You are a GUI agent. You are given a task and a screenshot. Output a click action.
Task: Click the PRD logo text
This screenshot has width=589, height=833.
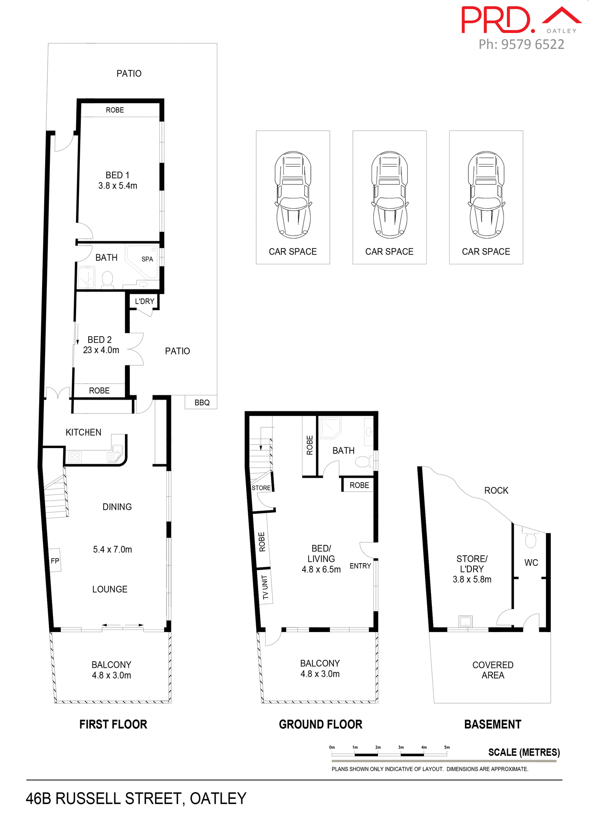pyautogui.click(x=497, y=20)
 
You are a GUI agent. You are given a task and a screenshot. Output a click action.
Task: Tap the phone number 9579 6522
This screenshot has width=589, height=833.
pyautogui.click(x=533, y=44)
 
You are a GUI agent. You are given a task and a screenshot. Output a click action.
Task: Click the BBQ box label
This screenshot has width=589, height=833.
pyautogui.click(x=202, y=403)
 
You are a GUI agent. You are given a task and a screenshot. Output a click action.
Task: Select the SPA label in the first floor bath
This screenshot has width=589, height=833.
pyautogui.click(x=147, y=259)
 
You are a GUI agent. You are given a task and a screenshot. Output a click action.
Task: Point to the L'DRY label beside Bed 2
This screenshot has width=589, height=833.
pyautogui.click(x=145, y=301)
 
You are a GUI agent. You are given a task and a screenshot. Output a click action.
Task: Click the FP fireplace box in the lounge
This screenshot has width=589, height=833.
pyautogui.click(x=55, y=561)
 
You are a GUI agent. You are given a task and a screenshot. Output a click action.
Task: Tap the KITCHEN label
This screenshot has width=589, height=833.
pyautogui.click(x=83, y=432)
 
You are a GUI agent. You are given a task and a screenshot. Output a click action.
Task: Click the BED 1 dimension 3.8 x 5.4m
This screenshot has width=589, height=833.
pyautogui.click(x=118, y=186)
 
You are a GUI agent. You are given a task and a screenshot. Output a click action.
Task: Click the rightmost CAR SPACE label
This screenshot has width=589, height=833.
pyautogui.click(x=486, y=252)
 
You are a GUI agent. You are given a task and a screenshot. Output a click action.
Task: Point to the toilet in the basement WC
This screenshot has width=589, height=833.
pyautogui.click(x=530, y=539)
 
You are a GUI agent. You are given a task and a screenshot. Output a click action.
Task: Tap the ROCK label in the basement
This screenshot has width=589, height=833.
pyautogui.click(x=496, y=490)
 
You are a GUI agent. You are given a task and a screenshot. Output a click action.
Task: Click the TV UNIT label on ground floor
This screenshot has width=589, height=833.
pyautogui.click(x=265, y=587)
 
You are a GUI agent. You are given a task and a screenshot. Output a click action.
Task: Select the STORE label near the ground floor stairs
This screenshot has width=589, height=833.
pyautogui.click(x=261, y=488)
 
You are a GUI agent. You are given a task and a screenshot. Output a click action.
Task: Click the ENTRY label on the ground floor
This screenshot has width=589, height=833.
pyautogui.click(x=360, y=566)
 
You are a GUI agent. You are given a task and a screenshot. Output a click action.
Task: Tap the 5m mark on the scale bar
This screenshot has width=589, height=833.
pyautogui.click(x=447, y=747)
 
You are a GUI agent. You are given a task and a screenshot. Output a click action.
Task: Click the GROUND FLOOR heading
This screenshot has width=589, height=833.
pyautogui.click(x=320, y=724)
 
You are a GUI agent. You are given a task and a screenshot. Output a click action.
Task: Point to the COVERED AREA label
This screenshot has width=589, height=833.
pyautogui.click(x=493, y=670)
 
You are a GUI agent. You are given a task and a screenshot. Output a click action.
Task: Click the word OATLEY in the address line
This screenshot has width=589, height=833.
pyautogui.click(x=218, y=798)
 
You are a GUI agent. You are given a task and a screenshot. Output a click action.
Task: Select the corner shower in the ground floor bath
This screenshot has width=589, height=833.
pyautogui.click(x=329, y=427)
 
